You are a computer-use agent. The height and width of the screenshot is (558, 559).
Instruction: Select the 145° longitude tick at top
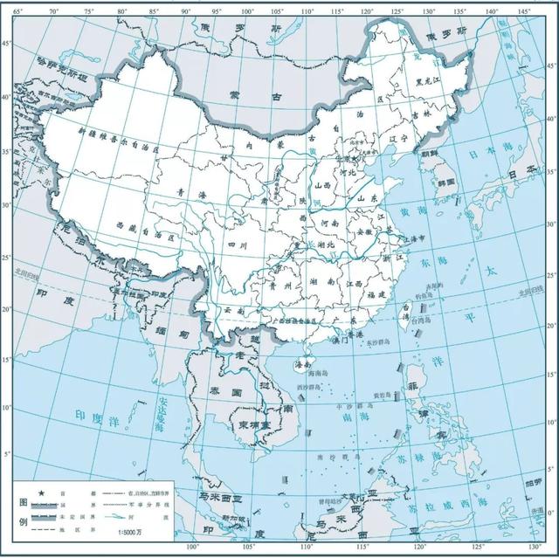[525, 9]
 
